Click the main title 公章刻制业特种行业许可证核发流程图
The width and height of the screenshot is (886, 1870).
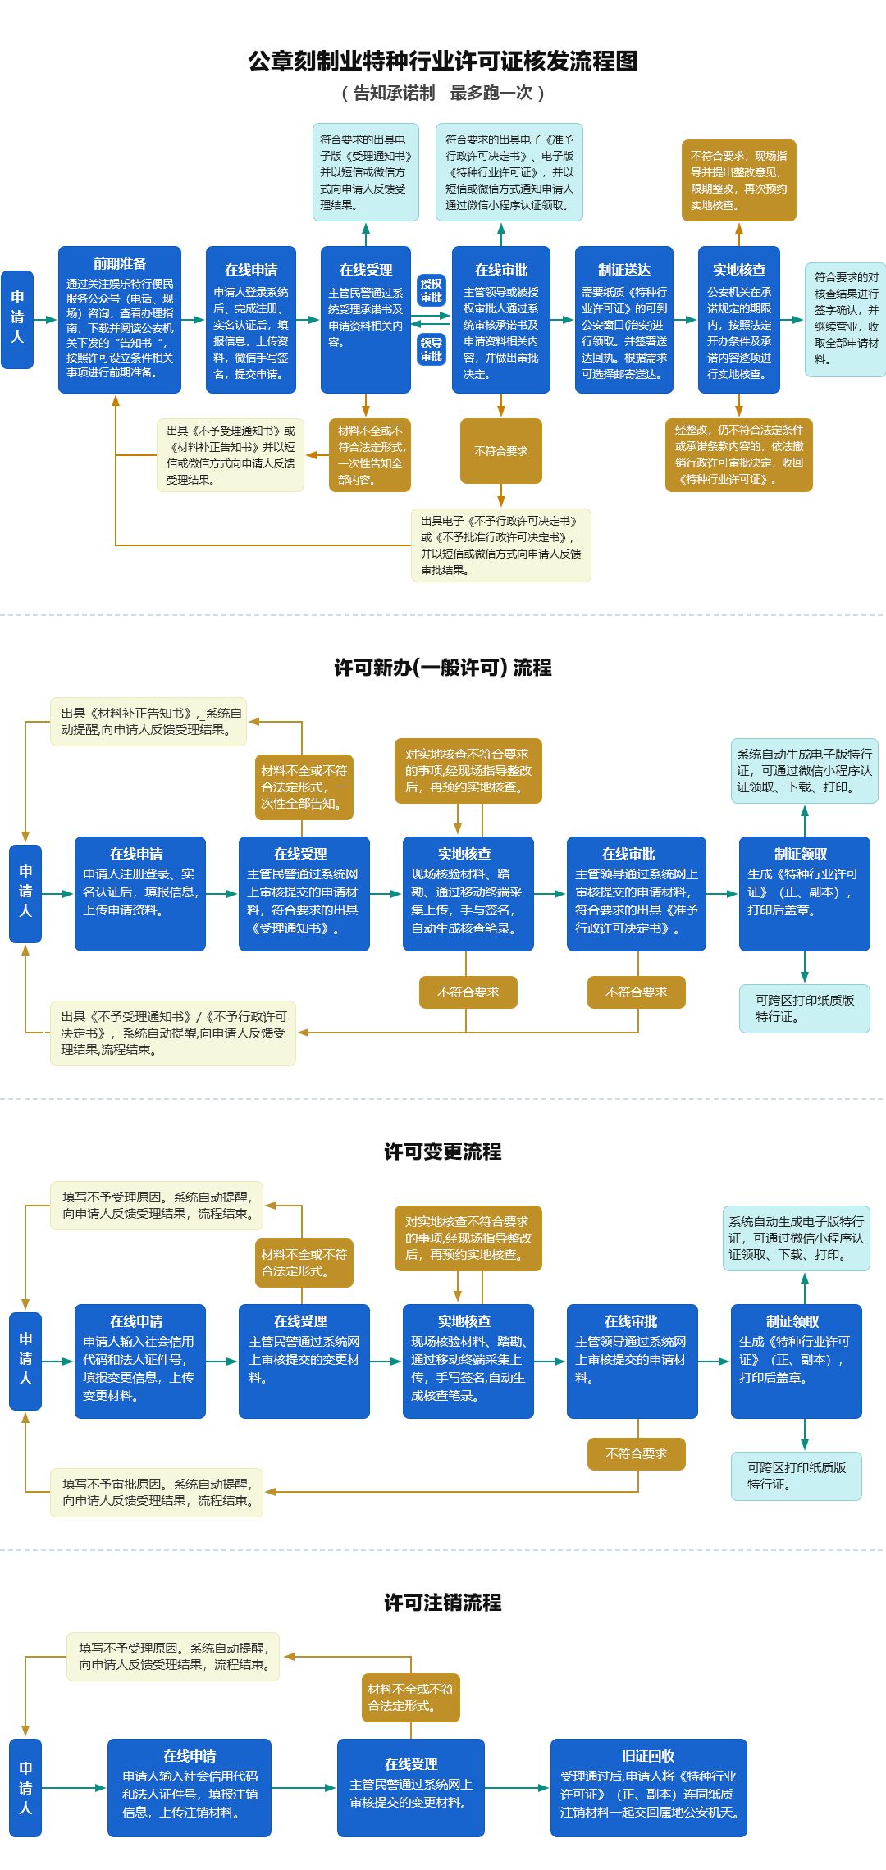point(443,61)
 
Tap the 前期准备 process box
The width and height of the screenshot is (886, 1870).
point(120,320)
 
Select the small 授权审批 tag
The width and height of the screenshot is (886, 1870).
point(432,290)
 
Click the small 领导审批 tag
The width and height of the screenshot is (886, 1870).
point(432,349)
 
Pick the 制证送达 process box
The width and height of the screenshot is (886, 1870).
point(624,320)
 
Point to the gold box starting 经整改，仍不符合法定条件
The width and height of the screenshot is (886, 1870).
point(739,455)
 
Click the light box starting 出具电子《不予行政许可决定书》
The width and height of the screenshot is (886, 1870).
point(501,545)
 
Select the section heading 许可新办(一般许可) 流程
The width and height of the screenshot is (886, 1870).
point(443,668)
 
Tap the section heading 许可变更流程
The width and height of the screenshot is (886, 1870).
point(443,1152)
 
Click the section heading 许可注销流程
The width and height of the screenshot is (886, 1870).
point(443,1603)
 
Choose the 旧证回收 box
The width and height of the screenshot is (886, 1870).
point(649,1787)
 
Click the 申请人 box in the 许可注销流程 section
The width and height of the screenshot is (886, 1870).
point(25,1787)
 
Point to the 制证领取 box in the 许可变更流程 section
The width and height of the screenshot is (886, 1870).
point(797,1361)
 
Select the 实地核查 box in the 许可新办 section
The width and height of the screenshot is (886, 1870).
point(468,894)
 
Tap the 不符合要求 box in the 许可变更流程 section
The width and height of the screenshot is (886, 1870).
point(637,1453)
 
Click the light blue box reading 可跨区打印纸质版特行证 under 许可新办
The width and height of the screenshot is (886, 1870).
point(805,1009)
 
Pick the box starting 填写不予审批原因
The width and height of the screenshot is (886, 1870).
point(157,1493)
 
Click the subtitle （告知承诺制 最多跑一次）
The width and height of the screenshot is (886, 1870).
point(443,93)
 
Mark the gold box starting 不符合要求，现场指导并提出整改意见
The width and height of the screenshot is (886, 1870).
point(739,180)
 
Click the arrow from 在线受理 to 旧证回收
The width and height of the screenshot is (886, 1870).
point(518,1787)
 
